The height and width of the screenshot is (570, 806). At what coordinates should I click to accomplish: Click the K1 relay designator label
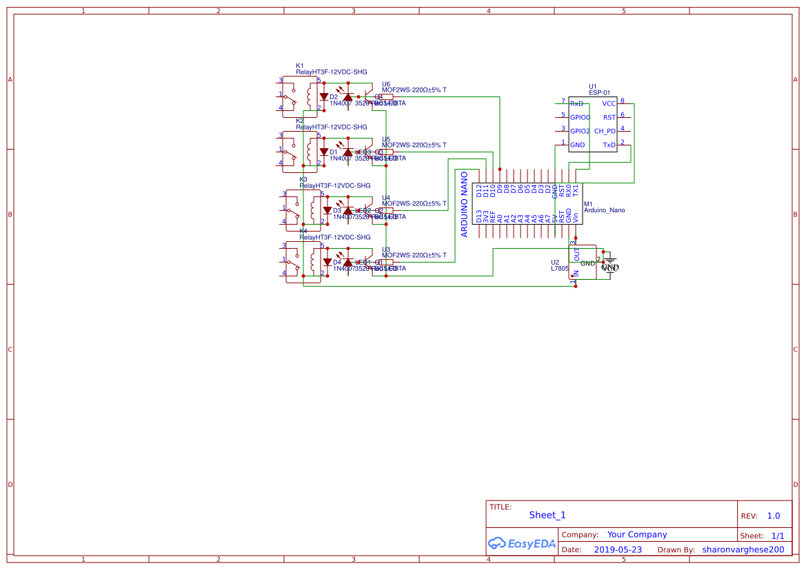[x=299, y=65]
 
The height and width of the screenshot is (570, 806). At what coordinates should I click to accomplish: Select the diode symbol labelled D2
[x=323, y=97]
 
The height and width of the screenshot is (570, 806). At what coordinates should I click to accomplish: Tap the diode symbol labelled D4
[x=327, y=262]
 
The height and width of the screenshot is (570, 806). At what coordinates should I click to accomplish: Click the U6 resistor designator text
[x=385, y=83]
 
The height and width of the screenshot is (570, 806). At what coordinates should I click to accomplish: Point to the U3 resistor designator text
[x=385, y=249]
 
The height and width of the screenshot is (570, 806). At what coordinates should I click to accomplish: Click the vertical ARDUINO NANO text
[x=465, y=204]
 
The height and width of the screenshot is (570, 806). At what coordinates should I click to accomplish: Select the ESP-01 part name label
[x=599, y=92]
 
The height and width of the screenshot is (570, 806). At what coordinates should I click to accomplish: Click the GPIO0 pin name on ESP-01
[x=580, y=117]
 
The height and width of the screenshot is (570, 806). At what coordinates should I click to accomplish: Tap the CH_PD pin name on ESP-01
[x=605, y=131]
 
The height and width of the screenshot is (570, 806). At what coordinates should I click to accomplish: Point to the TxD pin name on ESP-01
[x=609, y=145]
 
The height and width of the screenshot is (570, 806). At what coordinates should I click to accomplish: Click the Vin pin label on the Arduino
[x=576, y=216]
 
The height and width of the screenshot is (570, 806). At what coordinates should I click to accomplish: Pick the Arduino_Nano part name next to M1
[x=604, y=210]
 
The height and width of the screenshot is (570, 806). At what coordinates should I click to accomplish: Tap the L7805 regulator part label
[x=559, y=269]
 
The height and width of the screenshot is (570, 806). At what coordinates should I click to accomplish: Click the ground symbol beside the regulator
[x=610, y=265]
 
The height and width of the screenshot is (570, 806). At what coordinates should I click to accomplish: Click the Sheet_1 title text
[x=547, y=515]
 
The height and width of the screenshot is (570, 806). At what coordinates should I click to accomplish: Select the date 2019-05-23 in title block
[x=618, y=549]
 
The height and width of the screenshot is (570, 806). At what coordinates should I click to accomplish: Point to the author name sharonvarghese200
[x=743, y=549]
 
